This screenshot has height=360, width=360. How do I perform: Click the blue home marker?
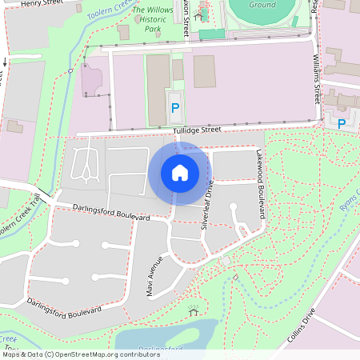point(180,172)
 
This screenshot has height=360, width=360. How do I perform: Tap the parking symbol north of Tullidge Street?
point(174,107)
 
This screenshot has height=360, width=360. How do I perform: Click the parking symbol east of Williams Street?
point(342,124)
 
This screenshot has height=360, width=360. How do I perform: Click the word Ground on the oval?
point(263,5)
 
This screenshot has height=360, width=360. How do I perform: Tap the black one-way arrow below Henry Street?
point(5,62)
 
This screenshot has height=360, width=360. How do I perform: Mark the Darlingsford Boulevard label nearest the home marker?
point(111,212)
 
